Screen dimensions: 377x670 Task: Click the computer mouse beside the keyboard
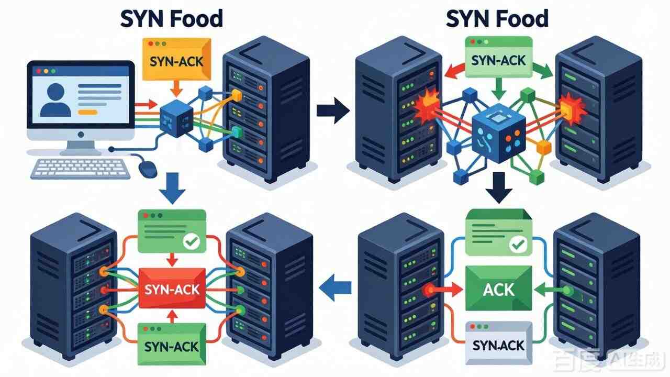click(148, 168)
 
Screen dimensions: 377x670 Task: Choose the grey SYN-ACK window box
click(499, 343)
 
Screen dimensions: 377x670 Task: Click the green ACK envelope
click(498, 289)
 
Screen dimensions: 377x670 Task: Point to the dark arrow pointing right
click(333, 112)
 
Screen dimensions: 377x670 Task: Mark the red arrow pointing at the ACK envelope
click(447, 288)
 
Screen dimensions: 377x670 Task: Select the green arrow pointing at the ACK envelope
click(548, 289)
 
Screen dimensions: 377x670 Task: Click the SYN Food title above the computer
click(171, 19)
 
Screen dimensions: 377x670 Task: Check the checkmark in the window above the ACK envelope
click(517, 243)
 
